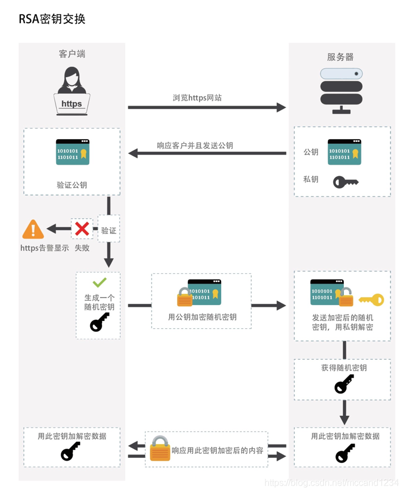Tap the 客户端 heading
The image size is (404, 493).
point(72,54)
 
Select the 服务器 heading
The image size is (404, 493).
point(340,57)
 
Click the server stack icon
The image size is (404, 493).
point(341,90)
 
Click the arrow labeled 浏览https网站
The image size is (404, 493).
point(207,107)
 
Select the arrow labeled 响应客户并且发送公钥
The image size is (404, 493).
point(207,153)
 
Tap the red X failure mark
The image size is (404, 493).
point(82,229)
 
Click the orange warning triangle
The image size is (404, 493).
point(33,229)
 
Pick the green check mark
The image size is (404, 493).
point(99,282)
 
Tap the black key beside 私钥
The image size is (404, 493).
point(345,182)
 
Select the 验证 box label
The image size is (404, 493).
point(108,231)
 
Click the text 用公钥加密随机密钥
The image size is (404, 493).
point(202,317)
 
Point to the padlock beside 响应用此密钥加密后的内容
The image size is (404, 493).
point(160,449)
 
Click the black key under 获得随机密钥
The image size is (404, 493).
point(344,385)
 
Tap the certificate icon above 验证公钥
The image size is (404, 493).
point(72,152)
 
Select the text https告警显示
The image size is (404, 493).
point(44,248)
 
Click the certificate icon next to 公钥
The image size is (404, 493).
point(344,152)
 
